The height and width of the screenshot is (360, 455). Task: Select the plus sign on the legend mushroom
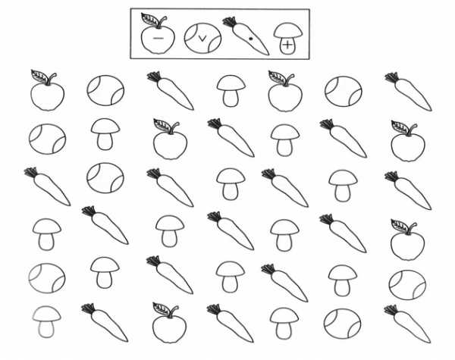pyautogui.click(x=287, y=45)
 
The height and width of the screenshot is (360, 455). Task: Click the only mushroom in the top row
pyautogui.click(x=231, y=89)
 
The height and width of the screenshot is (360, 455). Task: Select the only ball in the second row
pyautogui.click(x=47, y=138)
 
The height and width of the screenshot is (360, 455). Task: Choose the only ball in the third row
pyautogui.click(x=105, y=179)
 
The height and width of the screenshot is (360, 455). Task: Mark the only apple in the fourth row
pyautogui.click(x=407, y=241)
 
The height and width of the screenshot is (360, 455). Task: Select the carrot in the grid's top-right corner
pyautogui.click(x=409, y=91)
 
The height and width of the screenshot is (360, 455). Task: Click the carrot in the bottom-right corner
pyautogui.click(x=409, y=324)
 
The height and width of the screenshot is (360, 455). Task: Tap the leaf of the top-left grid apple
pyautogui.click(x=40, y=75)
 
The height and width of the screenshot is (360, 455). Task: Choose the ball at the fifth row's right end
pyautogui.click(x=407, y=285)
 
